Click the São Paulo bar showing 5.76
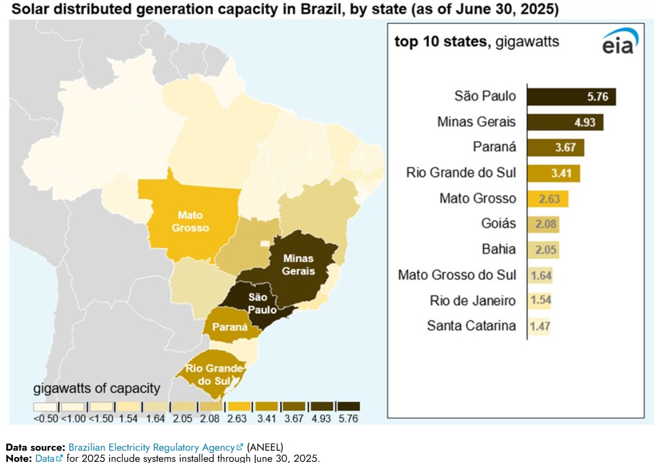(x=571, y=97)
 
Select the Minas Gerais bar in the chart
(x=565, y=122)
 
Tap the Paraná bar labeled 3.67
(x=555, y=147)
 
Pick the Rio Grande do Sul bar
(x=553, y=173)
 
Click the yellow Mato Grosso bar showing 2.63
(x=547, y=198)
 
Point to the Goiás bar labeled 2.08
(x=543, y=224)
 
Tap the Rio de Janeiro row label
(x=473, y=300)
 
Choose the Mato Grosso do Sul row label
(x=457, y=275)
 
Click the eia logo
(x=618, y=42)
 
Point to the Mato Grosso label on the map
(x=191, y=221)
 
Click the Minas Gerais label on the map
(x=298, y=264)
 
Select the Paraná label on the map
(x=229, y=327)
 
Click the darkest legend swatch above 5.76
(x=348, y=406)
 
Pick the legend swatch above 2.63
(x=239, y=406)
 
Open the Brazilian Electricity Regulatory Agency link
(x=152, y=447)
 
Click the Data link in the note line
(x=45, y=458)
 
